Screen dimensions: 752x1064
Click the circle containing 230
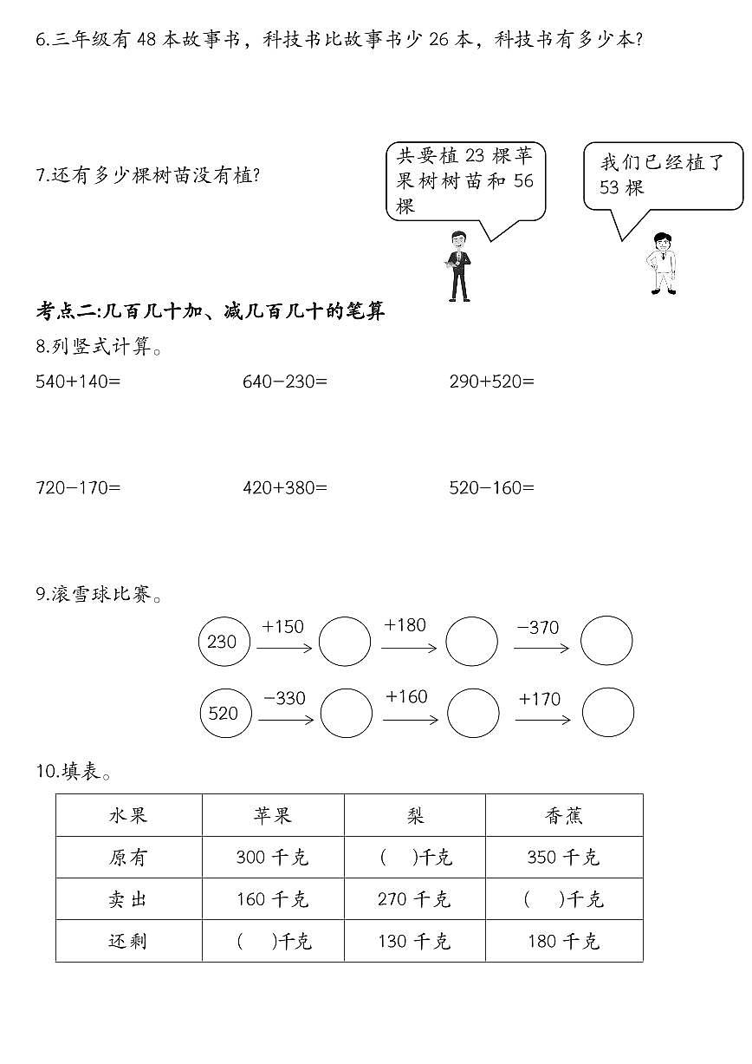pos(224,642)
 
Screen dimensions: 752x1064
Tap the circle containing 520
pos(224,713)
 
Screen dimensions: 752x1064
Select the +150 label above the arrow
pos(282,626)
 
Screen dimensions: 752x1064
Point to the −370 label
pos(537,627)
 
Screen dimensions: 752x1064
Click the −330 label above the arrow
pos(283,698)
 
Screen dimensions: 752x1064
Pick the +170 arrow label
pos(539,699)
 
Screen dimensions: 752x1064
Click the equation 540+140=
pos(78,381)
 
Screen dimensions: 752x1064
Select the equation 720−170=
pos(78,487)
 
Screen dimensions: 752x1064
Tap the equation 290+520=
pos(492,381)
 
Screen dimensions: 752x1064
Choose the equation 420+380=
pos(285,487)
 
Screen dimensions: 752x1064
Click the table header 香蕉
pos(564,815)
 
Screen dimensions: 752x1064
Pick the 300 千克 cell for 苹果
pos(272,858)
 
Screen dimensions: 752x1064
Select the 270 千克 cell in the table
pos(414,899)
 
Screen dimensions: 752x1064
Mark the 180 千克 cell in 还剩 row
pos(563,941)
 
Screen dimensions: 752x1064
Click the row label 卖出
pos(128,899)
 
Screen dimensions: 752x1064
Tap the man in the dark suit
pos(458,265)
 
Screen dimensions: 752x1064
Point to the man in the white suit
pos(663,264)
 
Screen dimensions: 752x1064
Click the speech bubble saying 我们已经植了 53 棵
pos(662,175)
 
